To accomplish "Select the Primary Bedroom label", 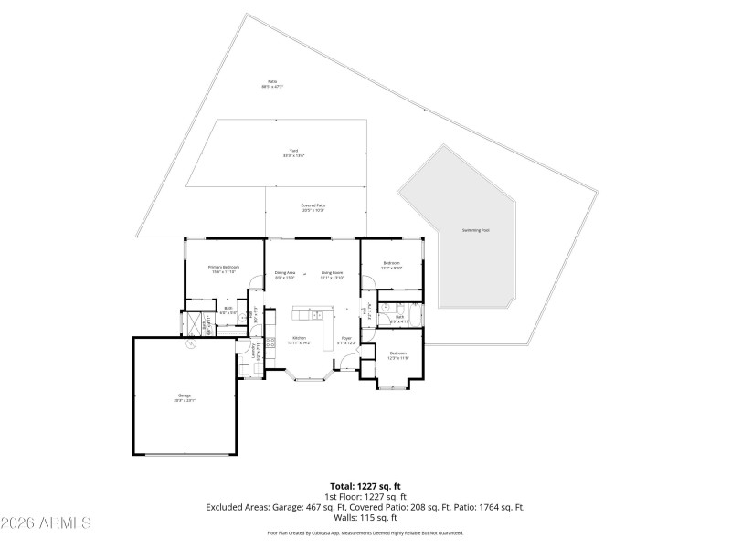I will pyautogui.click(x=224, y=269).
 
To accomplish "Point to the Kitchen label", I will pyautogui.click(x=301, y=340).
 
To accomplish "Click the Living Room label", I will pyautogui.click(x=332, y=274).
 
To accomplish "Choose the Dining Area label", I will pyautogui.click(x=285, y=274).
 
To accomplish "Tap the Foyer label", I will pyautogui.click(x=346, y=340).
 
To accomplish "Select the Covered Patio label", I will pyautogui.click(x=314, y=207).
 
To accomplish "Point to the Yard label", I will pyautogui.click(x=293, y=153).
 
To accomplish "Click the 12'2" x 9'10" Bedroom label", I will pyautogui.click(x=391, y=265).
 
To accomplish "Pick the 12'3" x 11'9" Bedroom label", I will pyautogui.click(x=398, y=355).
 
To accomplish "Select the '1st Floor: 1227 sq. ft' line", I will pyautogui.click(x=365, y=496).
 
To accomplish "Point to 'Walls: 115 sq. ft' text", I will pyautogui.click(x=365, y=517).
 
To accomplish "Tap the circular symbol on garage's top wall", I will pyautogui.click(x=191, y=344).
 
